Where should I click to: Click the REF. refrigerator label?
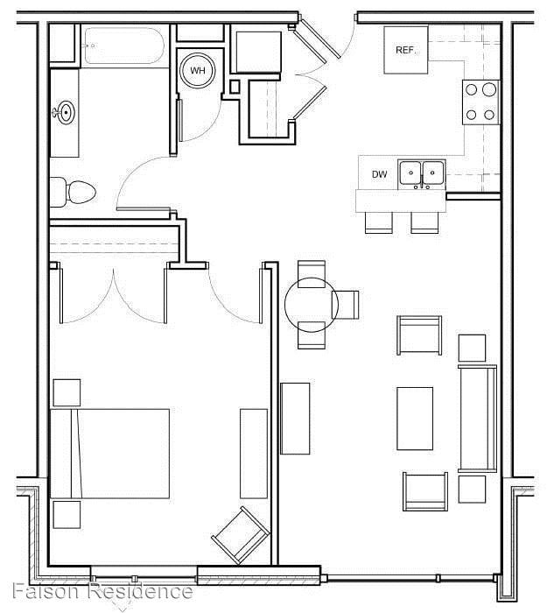click(x=405, y=50)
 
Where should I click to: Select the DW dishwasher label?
click(x=379, y=174)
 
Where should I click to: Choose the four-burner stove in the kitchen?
click(x=480, y=101)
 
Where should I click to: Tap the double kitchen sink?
click(x=421, y=173)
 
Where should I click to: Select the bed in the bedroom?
click(x=109, y=453)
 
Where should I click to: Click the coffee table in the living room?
click(x=415, y=419)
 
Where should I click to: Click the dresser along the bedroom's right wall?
click(x=254, y=453)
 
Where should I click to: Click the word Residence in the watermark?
click(x=141, y=591)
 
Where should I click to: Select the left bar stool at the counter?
click(x=379, y=222)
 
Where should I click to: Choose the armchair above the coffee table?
click(x=420, y=334)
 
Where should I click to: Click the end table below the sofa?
click(x=472, y=489)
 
